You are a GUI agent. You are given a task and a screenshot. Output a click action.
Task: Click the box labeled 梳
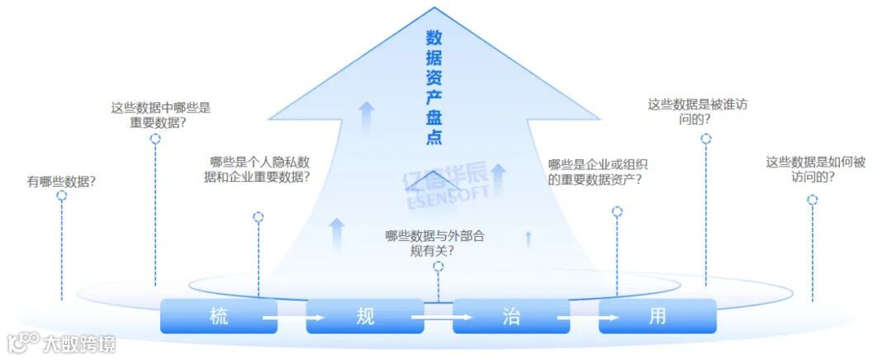pyautogui.click(x=218, y=316)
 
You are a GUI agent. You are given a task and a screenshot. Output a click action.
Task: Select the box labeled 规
pyautogui.click(x=364, y=316)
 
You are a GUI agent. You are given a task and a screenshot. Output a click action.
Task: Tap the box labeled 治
pyautogui.click(x=510, y=316)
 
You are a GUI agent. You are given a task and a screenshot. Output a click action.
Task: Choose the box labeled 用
pyautogui.click(x=657, y=316)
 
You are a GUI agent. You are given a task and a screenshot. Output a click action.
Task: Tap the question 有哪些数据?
pyautogui.click(x=61, y=181)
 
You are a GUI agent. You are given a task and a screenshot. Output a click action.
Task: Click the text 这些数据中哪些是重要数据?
pyautogui.click(x=160, y=114)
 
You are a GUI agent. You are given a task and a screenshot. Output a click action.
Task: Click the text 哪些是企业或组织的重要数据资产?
pyautogui.click(x=595, y=171)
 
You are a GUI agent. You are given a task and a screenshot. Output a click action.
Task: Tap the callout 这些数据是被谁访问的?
pyautogui.click(x=698, y=111)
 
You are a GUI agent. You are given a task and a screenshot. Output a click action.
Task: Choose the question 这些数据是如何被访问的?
pyautogui.click(x=814, y=169)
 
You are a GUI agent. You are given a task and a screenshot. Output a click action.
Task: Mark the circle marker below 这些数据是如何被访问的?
pyautogui.click(x=812, y=200)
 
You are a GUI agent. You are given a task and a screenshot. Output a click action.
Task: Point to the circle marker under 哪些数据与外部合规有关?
pyautogui.click(x=438, y=267)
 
